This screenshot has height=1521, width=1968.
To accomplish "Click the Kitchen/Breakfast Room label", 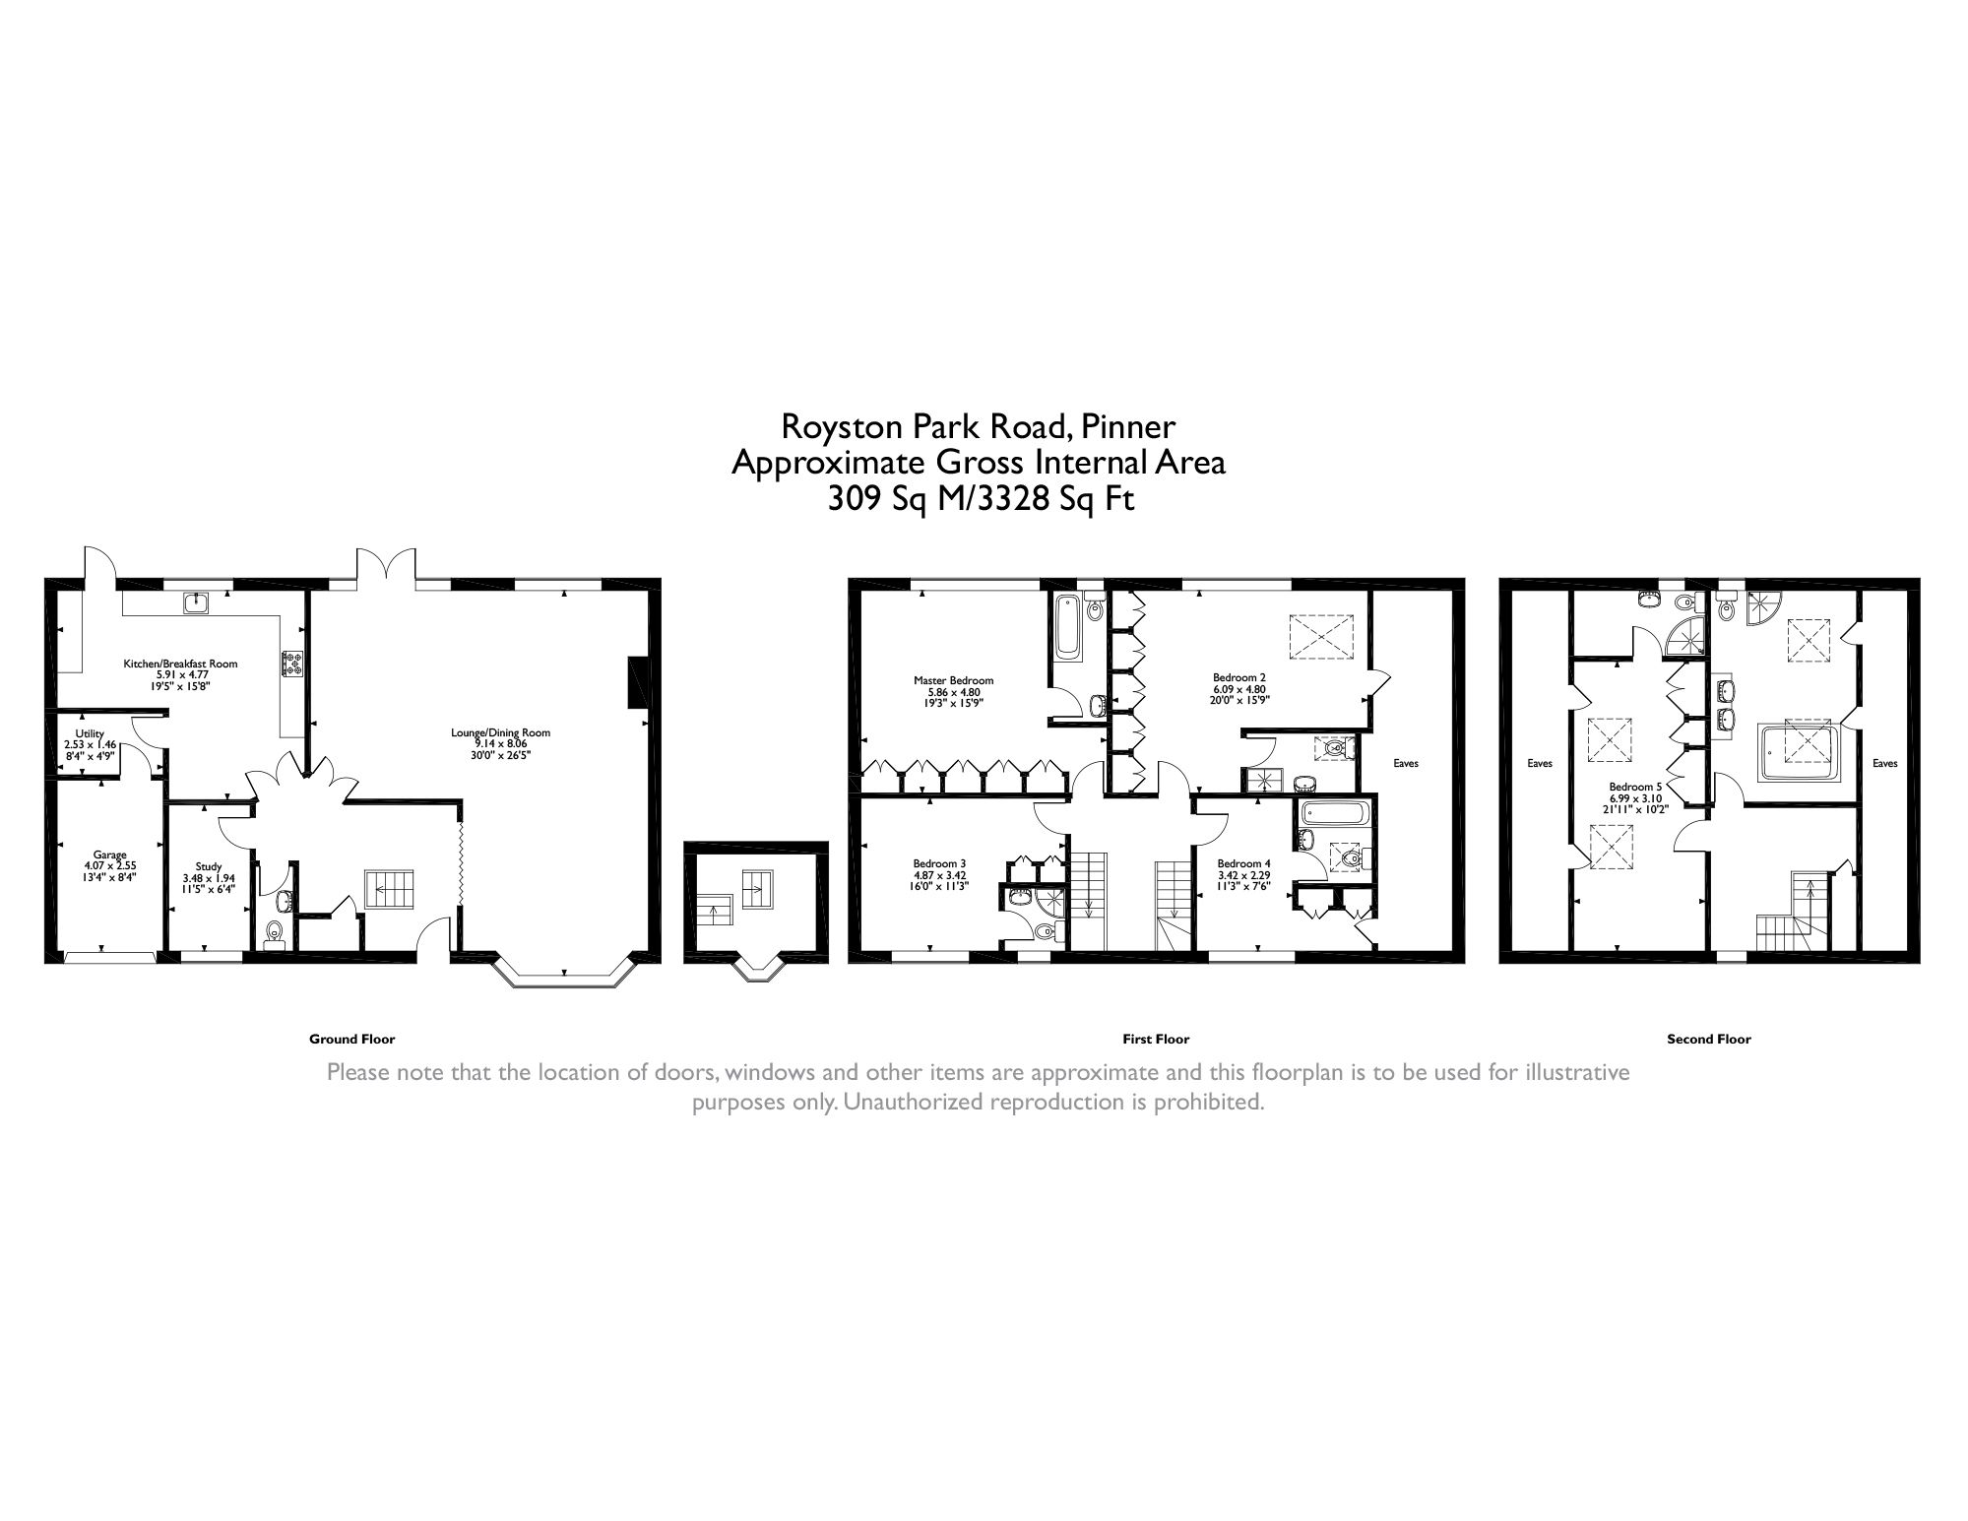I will pyautogui.click(x=180, y=664).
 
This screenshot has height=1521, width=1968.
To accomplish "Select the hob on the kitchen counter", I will pyautogui.click(x=292, y=665).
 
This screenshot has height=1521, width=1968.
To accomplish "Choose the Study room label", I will pyautogui.click(x=209, y=866).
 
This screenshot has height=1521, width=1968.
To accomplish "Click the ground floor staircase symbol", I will pyautogui.click(x=390, y=889).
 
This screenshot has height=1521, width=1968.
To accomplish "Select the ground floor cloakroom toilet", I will pyautogui.click(x=275, y=929).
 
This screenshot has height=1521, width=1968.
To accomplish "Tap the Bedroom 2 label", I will pyautogui.click(x=1238, y=677).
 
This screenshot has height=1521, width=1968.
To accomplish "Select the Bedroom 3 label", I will pyautogui.click(x=939, y=863).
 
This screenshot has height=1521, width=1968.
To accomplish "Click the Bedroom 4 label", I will pyautogui.click(x=1243, y=863).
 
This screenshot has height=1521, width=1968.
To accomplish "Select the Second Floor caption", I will pyautogui.click(x=1708, y=1039).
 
